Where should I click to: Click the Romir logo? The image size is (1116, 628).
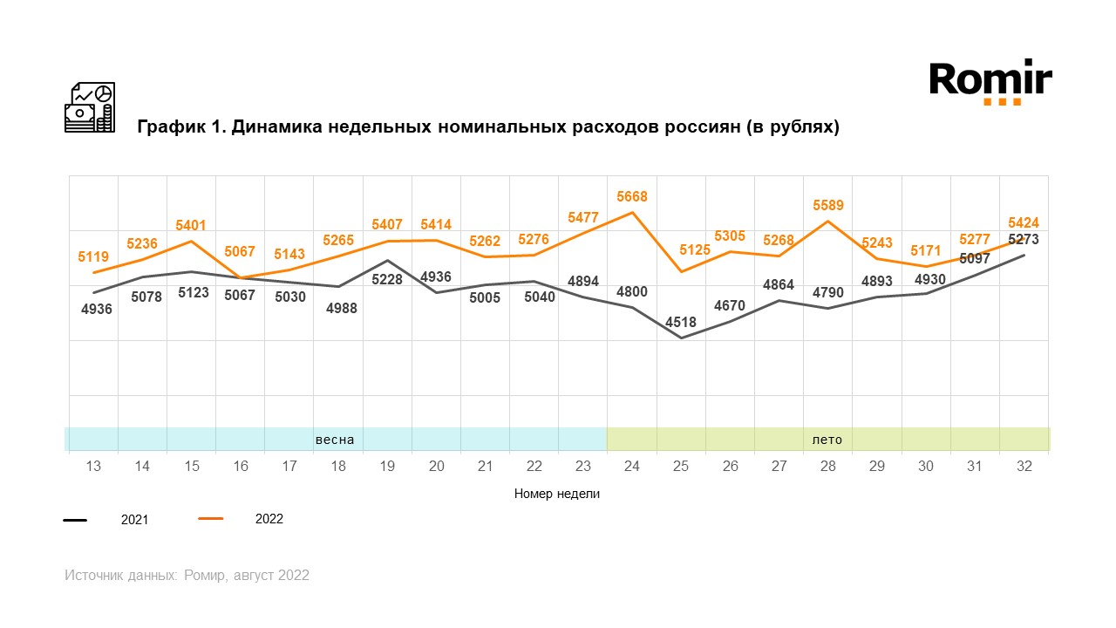point(990,81)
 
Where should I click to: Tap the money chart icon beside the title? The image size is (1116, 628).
point(90,107)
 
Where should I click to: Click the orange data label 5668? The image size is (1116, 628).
point(632,197)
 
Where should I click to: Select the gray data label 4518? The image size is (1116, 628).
point(681,322)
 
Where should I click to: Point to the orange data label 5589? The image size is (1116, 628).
point(828,206)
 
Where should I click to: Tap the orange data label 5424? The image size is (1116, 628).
point(1023,222)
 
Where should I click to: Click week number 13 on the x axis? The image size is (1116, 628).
point(93,467)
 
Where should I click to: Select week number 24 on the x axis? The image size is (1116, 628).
point(632,467)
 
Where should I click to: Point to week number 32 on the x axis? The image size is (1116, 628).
point(1024,467)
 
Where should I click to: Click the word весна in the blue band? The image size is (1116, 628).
point(335,440)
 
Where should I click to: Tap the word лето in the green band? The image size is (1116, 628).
point(827,440)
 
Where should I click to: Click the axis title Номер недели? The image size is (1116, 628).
point(557,494)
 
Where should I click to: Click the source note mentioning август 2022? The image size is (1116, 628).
point(187,576)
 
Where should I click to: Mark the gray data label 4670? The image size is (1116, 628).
point(730,306)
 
